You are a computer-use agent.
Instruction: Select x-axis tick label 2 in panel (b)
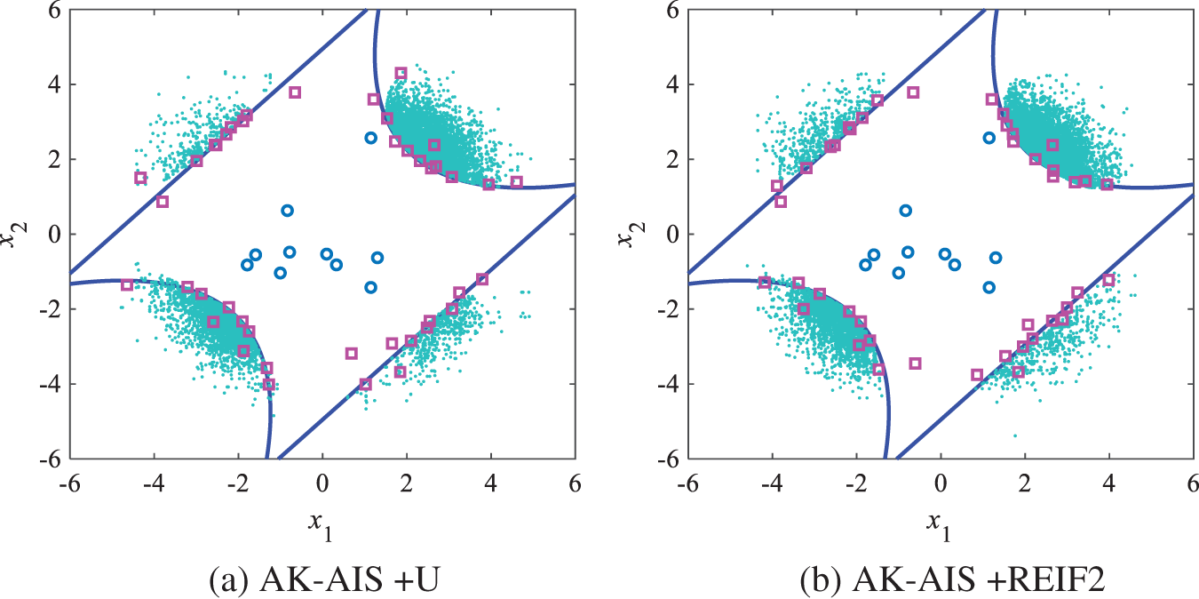click(1025, 485)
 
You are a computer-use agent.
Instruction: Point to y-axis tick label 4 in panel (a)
click(55, 84)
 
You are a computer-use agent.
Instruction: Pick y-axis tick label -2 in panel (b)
click(669, 308)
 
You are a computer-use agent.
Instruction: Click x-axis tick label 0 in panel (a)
click(322, 485)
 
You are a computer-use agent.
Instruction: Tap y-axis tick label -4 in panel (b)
click(669, 383)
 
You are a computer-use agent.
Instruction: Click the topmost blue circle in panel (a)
click(371, 138)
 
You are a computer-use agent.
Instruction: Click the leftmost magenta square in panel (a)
click(127, 284)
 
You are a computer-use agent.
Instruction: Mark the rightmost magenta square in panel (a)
click(517, 182)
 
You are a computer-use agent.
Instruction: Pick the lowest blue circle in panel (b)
click(989, 287)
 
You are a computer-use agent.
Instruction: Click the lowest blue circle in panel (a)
click(371, 287)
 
